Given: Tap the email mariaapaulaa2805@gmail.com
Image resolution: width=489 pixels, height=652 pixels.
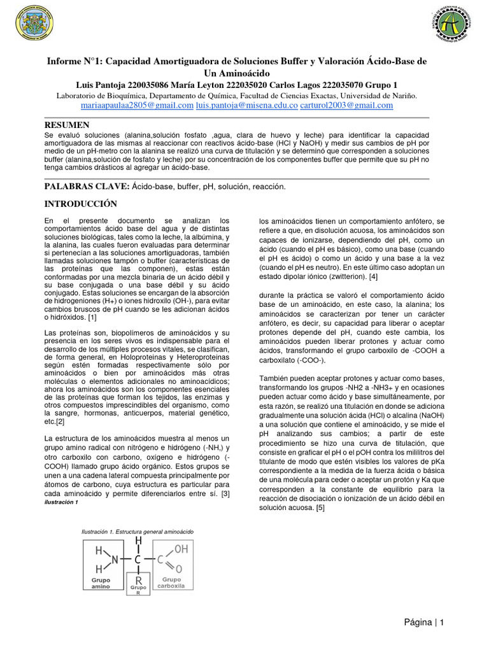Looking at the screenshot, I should (137, 105).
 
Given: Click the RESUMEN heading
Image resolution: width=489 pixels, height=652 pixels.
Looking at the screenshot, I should (67, 125).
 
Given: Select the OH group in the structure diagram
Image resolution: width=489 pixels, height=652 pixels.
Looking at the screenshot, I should (181, 548).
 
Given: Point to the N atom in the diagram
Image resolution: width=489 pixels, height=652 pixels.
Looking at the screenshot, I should (115, 560).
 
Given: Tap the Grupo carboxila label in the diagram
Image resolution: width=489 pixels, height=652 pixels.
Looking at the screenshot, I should (173, 583).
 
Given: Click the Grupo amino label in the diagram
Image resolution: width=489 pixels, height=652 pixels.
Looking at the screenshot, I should (101, 583).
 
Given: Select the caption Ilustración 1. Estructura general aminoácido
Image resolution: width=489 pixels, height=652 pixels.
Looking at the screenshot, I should (137, 531).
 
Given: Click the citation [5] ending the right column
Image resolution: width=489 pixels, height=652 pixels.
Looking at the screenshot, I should (320, 507).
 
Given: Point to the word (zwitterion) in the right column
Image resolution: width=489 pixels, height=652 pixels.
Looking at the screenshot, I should (340, 277).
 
